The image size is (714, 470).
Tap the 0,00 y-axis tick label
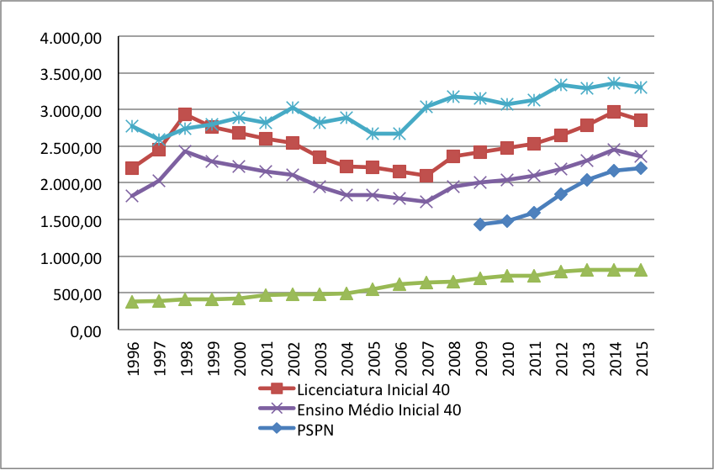click(x=87, y=330)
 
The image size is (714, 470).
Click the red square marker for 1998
click(x=185, y=114)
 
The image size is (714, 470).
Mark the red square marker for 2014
click(x=614, y=112)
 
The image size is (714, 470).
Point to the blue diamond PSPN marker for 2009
click(x=480, y=224)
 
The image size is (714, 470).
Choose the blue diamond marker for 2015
click(x=640, y=168)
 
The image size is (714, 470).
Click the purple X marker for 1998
click(x=185, y=152)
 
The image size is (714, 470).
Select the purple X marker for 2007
click(x=426, y=202)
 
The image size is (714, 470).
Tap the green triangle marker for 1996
click(x=132, y=302)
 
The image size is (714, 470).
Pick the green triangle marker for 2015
click(x=640, y=270)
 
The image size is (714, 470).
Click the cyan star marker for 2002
click(x=292, y=108)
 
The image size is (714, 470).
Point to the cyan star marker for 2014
click(x=614, y=83)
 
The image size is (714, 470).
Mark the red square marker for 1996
click(x=132, y=168)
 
